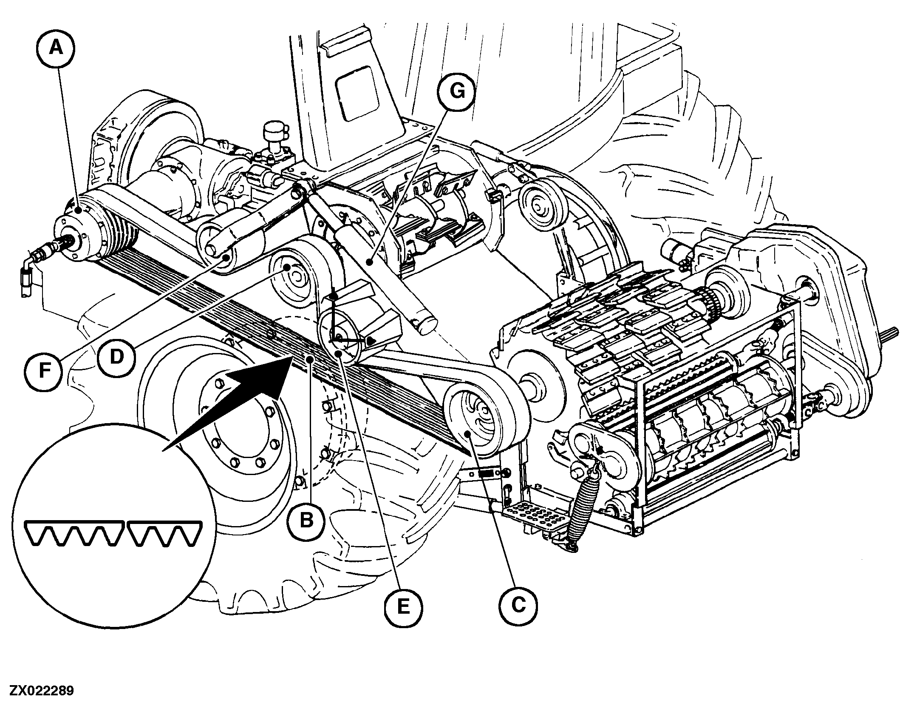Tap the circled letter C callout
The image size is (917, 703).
pyautogui.click(x=518, y=605)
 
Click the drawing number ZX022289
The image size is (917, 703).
pyautogui.click(x=37, y=690)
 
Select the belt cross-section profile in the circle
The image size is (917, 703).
pyautogui.click(x=114, y=532)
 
